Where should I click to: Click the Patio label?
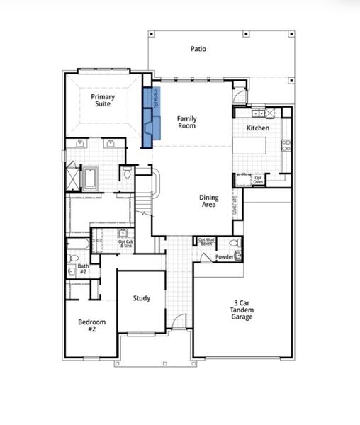click(x=198, y=49)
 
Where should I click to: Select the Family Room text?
click(x=186, y=122)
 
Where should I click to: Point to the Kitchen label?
click(x=257, y=127)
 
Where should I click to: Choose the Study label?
click(x=142, y=298)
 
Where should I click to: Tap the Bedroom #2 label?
click(x=91, y=326)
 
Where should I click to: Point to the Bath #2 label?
click(x=83, y=269)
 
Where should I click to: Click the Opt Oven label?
click(x=259, y=180)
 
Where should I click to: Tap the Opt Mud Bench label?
click(x=207, y=242)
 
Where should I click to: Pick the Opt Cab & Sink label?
click(x=124, y=243)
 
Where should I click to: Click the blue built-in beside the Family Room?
click(x=148, y=117)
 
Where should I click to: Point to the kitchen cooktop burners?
click(x=286, y=146)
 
